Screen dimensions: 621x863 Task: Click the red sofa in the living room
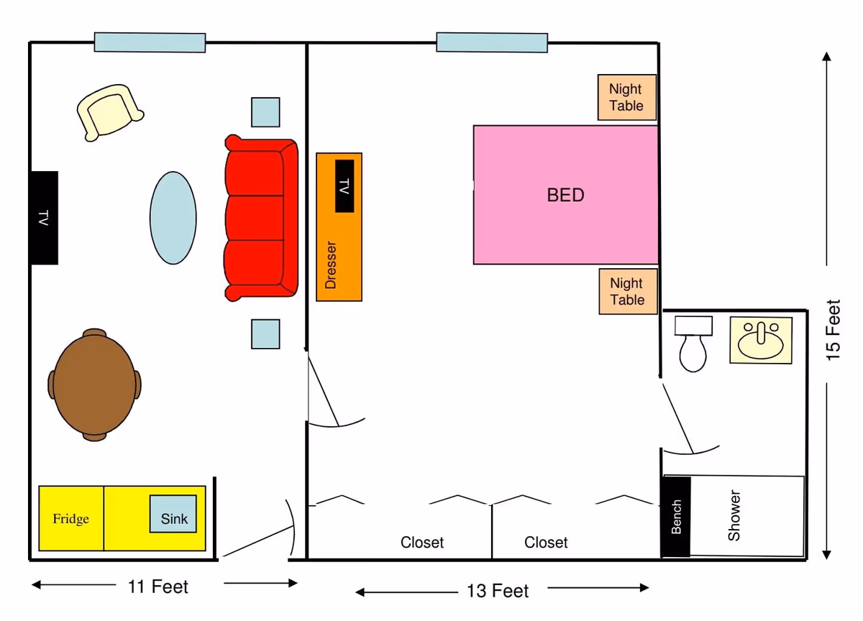point(260,218)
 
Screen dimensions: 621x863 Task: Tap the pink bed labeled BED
point(565,195)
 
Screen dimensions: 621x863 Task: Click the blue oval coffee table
point(173,218)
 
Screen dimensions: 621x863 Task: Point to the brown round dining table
point(94,385)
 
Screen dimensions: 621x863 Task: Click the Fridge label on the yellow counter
point(70,519)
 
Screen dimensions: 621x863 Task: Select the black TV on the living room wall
point(44,218)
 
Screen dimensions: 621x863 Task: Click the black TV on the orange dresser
point(344,186)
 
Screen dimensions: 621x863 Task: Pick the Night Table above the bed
point(626,98)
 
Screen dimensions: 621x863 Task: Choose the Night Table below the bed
point(627,292)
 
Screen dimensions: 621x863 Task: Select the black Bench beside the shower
point(676,517)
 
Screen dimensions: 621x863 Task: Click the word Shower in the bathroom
point(734,515)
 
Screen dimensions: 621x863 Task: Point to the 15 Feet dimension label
point(832,330)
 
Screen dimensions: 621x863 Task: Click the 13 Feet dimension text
point(498,592)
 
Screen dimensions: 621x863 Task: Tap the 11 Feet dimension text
point(158,586)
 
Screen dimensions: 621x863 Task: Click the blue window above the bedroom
point(492,42)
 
